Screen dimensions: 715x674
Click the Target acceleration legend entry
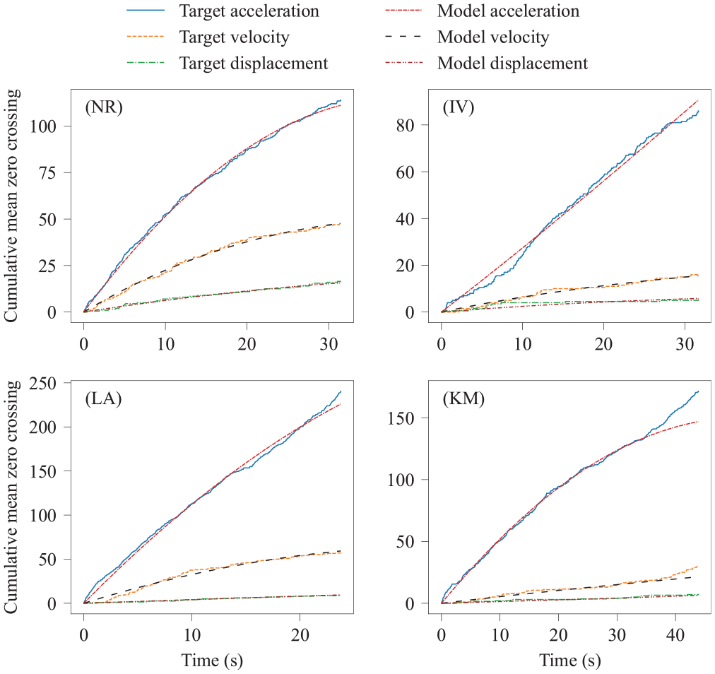pyautogui.click(x=223, y=11)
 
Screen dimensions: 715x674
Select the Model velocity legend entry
pyautogui.click(x=468, y=37)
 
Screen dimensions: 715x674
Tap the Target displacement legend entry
pyautogui.click(x=227, y=63)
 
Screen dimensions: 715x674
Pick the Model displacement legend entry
pyautogui.click(x=487, y=63)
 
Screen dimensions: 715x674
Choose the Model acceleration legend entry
pyautogui.click(x=483, y=11)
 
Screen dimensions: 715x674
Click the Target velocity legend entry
pyautogui.click(x=208, y=37)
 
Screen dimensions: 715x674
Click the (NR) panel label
pyautogui.click(x=104, y=107)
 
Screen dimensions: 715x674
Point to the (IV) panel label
pyautogui.click(x=459, y=107)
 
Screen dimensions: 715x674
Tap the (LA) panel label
pyautogui.click(x=104, y=399)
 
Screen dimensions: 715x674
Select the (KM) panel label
pyautogui.click(x=463, y=399)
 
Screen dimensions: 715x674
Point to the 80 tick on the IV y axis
pyautogui.click(x=406, y=125)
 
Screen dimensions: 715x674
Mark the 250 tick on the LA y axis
pyautogui.click(x=42, y=383)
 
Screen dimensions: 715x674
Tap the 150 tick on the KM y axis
pyautogui.click(x=401, y=418)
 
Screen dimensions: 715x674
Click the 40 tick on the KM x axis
pyautogui.click(x=675, y=634)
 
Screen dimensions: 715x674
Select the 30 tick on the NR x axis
pyautogui.click(x=329, y=343)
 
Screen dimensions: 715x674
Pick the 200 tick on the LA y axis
pyautogui.click(x=42, y=427)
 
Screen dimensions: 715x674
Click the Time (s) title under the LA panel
pyautogui.click(x=212, y=661)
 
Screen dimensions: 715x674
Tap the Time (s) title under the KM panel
pyautogui.click(x=570, y=661)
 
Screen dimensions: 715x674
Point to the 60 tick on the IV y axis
pyautogui.click(x=406, y=172)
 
